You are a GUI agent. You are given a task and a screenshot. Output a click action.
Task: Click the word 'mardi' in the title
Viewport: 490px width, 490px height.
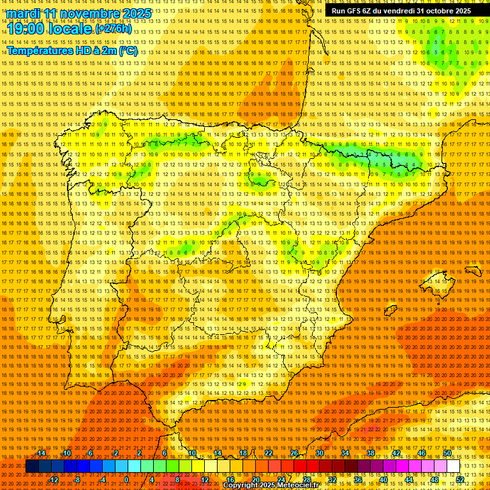[x=23, y=13]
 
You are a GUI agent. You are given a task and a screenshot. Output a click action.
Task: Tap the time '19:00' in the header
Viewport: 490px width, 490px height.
[x=26, y=29]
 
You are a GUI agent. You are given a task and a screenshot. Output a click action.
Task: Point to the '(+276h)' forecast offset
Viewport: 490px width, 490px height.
[x=114, y=29]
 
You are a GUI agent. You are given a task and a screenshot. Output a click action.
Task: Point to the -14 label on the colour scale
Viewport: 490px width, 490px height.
[x=41, y=453]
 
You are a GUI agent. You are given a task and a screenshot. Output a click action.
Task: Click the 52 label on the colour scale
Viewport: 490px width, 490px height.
[x=460, y=480]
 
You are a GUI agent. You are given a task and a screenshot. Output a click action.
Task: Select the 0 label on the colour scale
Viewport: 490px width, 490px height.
[x=127, y=480]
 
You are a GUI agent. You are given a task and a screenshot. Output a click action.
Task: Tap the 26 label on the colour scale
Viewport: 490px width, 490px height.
[x=294, y=453]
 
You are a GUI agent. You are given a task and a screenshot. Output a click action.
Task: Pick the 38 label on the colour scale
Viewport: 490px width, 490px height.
[x=371, y=453]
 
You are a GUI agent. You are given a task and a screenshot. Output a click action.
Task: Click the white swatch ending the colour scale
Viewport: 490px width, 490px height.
[x=454, y=466]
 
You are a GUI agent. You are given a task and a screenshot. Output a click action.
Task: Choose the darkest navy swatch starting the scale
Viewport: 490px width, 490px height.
[x=32, y=466]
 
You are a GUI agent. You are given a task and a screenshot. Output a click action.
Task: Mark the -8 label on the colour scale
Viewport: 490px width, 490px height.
[x=78, y=480]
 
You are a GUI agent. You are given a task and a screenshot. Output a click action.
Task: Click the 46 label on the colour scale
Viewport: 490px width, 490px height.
[x=422, y=453]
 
